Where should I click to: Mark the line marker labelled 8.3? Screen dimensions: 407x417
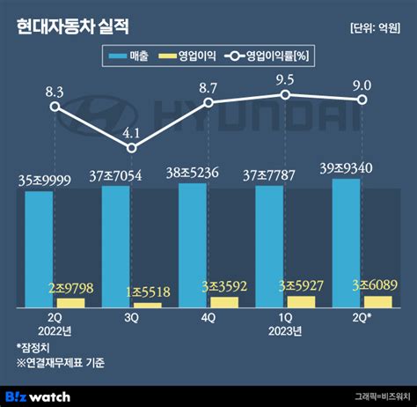tap(55, 107)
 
